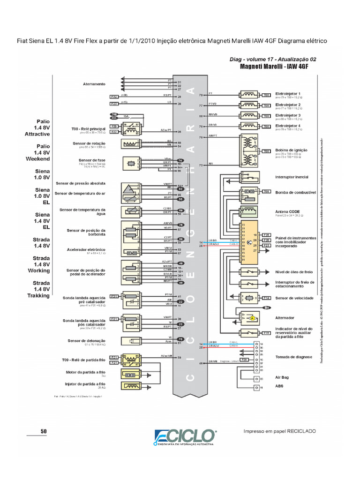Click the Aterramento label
pyautogui.click(x=94, y=84)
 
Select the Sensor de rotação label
pyautogui.click(x=89, y=143)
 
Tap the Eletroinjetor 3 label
pyautogui.click(x=288, y=115)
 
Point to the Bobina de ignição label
pyautogui.click(x=291, y=150)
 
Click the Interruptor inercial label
pyautogui.click(x=292, y=177)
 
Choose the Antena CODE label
pyautogui.click(x=287, y=212)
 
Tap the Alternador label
pyautogui.click(x=285, y=317)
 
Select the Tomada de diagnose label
pyautogui.click(x=294, y=357)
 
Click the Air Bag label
pyautogui.click(x=282, y=377)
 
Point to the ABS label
pyautogui.click(x=279, y=387)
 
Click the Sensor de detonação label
pyautogui.click(x=86, y=341)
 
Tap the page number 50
pyautogui.click(x=44, y=431)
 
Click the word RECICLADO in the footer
pyautogui.click(x=301, y=431)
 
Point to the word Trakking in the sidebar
pyautogui.click(x=38, y=296)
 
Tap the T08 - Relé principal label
pyautogui.click(x=89, y=128)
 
